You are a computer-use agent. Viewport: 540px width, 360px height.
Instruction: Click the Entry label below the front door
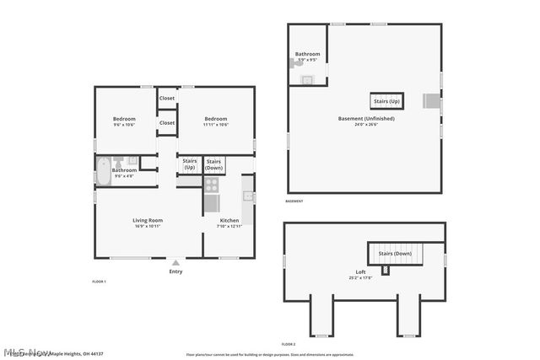point(175,271)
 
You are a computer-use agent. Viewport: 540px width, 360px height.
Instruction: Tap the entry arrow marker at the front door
point(175,262)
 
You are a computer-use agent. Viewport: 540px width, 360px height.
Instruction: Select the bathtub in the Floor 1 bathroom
point(102,171)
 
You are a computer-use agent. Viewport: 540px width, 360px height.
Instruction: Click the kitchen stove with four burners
point(211,183)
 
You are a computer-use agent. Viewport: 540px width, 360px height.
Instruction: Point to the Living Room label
point(148,221)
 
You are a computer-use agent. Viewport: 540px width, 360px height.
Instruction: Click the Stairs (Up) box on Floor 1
point(190,164)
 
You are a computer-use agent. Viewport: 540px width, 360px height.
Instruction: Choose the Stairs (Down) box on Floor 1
point(214,164)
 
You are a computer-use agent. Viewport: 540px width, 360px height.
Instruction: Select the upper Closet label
point(167,99)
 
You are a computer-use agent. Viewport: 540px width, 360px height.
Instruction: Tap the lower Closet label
point(167,123)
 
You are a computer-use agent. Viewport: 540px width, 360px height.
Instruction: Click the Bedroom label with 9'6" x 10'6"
point(124,119)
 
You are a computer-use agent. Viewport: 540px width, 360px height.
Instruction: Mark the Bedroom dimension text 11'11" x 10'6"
point(216,125)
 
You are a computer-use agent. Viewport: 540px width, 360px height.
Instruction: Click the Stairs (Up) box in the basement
point(387,101)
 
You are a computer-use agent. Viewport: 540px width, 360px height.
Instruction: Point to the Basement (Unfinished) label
point(366,119)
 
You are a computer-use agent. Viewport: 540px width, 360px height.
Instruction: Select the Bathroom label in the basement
point(307,54)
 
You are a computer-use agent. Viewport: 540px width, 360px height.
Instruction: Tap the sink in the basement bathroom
point(308,80)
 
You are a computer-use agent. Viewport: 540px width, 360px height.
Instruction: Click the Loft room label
point(360,272)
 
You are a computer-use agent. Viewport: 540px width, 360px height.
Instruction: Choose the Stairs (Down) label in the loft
point(395,254)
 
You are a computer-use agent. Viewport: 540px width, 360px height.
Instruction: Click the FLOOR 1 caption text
point(99,281)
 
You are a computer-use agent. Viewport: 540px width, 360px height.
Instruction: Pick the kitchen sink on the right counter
point(248,196)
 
